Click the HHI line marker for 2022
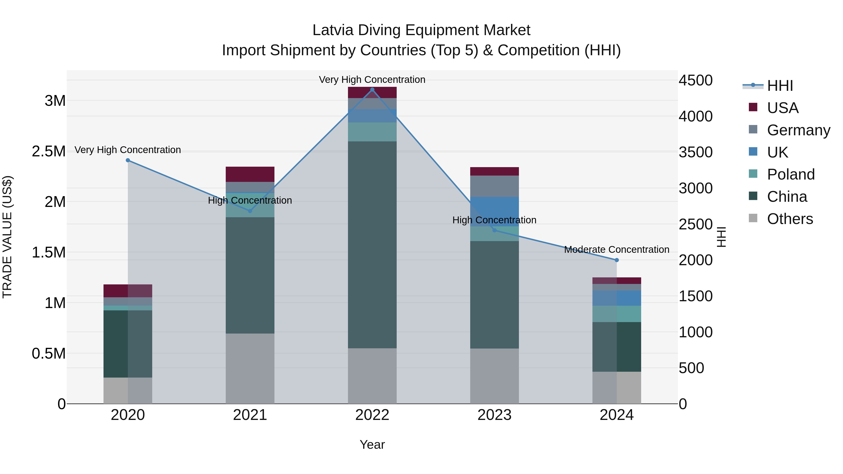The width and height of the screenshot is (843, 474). click(372, 90)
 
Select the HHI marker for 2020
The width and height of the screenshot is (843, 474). click(128, 160)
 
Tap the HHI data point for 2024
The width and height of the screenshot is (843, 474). click(617, 260)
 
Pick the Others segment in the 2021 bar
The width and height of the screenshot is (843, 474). click(250, 368)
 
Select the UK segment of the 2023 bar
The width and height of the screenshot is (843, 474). click(495, 212)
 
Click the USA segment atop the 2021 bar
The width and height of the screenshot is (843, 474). click(250, 174)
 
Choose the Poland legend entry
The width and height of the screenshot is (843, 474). click(790, 174)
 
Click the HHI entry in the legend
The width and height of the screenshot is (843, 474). click(780, 86)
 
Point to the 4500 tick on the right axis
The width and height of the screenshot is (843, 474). click(695, 81)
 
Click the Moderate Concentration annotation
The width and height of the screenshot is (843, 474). click(617, 250)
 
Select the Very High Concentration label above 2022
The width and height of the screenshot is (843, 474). click(372, 80)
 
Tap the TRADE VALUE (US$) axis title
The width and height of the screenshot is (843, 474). click(7, 237)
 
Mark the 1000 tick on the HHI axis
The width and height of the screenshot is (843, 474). click(695, 332)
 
